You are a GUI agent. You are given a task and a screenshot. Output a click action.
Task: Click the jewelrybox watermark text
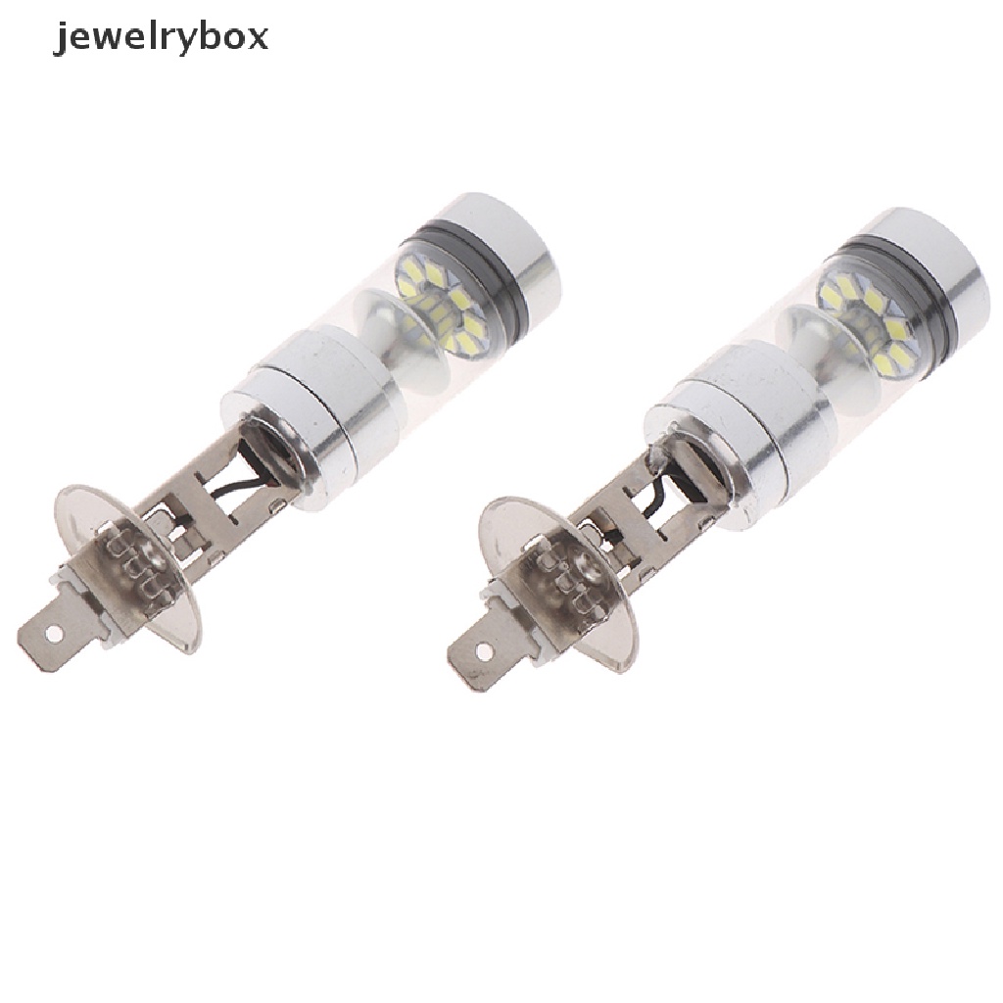coord(160,39)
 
